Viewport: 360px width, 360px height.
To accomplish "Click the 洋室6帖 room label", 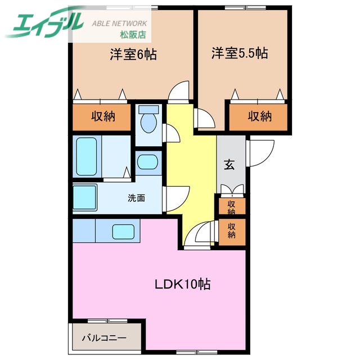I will [133, 55].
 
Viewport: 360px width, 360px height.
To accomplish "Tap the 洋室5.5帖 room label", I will [239, 54].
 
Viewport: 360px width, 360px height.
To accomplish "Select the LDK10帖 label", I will [183, 284].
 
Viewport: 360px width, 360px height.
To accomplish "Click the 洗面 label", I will [137, 198].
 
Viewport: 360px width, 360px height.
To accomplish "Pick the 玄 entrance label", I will [230, 165].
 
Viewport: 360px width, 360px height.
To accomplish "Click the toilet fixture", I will [148, 121].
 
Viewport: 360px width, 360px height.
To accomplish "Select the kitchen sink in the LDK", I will [124, 232].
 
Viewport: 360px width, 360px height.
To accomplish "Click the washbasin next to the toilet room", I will [148, 163].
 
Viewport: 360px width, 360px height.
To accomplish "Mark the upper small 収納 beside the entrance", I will [231, 206].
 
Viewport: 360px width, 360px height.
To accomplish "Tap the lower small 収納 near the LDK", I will [231, 229].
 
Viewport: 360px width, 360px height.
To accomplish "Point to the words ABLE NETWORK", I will [119, 24].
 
